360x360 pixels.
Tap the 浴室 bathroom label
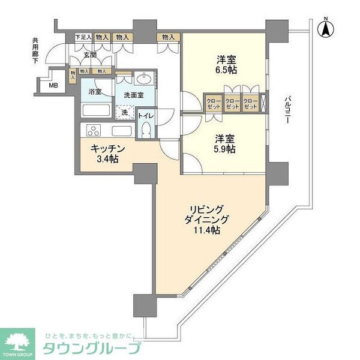click(95, 92)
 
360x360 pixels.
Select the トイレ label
click(145, 115)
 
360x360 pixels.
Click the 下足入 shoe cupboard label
click(82, 37)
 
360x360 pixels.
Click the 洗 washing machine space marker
click(125, 112)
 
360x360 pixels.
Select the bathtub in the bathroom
click(96, 112)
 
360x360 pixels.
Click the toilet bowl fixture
click(146, 129)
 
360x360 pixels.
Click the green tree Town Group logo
click(17, 340)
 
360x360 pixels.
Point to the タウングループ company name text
click(90, 348)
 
